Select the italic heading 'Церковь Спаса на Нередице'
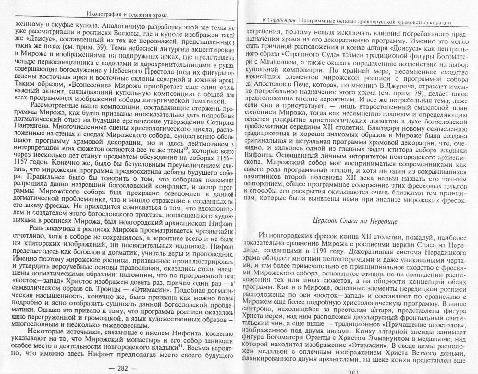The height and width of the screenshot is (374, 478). pos(355,221)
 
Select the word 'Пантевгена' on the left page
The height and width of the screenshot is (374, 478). pos(33,126)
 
